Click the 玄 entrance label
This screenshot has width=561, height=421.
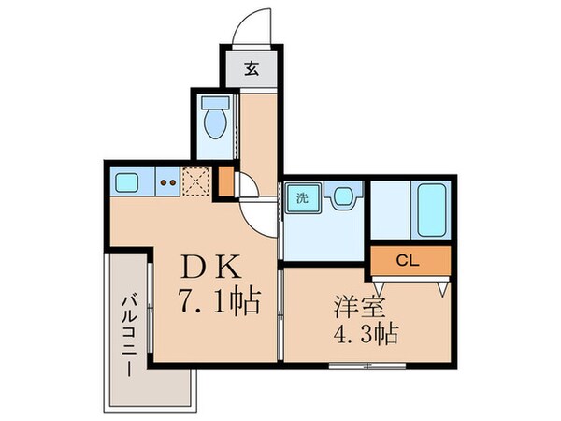[x=252, y=69]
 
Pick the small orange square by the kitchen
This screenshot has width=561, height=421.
[x=226, y=181]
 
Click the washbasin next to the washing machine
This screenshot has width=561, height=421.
[x=342, y=196]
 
